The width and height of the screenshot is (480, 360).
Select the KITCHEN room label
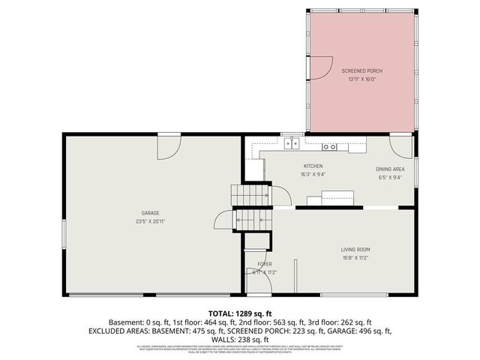pos(313,166)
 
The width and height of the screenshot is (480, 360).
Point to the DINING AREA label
pos(390,169)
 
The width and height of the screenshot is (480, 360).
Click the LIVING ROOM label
pos(357,250)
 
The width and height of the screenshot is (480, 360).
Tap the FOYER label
pos(264,264)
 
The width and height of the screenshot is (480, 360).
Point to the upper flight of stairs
pos(250,194)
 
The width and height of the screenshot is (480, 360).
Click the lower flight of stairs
pos(247,219)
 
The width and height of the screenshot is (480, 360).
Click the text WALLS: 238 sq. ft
pos(239,338)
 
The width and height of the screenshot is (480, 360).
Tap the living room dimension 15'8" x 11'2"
pos(357,259)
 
